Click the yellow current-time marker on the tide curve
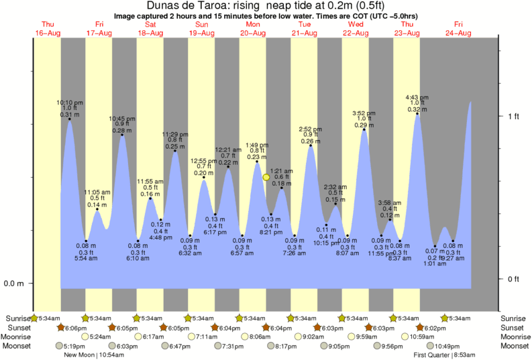coord(266,177)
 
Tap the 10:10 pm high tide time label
coord(70,103)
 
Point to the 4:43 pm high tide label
coord(417,97)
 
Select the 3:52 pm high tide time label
coord(364,113)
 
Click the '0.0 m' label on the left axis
coord(14,283)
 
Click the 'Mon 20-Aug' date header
coord(252,28)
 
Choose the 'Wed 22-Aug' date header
coord(355,28)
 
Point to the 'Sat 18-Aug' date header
coord(150,28)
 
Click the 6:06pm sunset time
coord(74,328)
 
